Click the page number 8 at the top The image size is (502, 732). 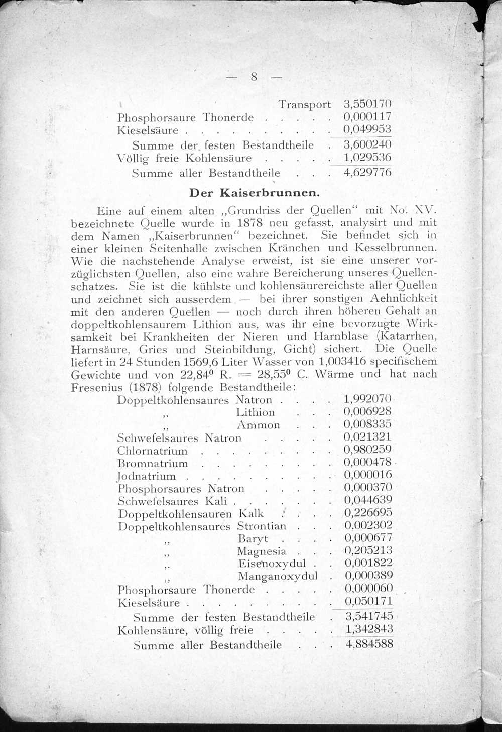point(254,77)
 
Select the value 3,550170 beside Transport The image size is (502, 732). point(367,104)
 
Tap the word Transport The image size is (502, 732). point(305,104)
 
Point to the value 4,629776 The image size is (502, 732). point(367,173)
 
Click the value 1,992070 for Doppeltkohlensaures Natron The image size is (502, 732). point(367,399)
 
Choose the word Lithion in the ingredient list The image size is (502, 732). point(255,412)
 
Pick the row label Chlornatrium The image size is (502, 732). point(152,451)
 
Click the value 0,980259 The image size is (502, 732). point(367,449)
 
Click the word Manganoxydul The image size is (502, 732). point(278,576)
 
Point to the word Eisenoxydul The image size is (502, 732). point(272,563)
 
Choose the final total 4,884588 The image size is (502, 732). point(369,643)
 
